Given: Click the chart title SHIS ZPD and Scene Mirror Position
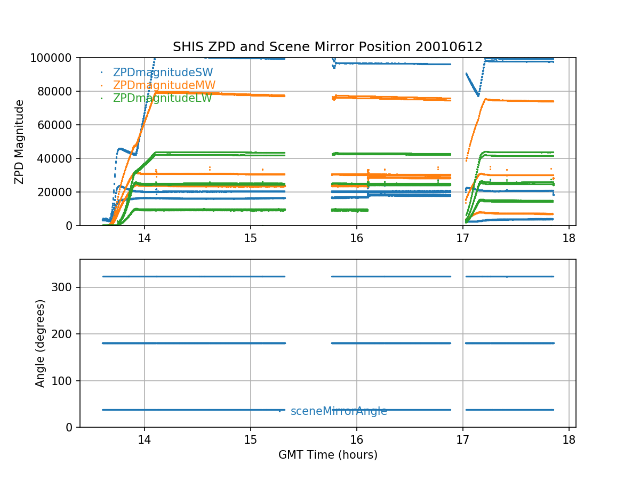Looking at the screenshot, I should point(327,47).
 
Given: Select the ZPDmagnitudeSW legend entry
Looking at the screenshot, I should point(163,73).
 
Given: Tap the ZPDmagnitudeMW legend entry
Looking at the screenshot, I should point(163,85).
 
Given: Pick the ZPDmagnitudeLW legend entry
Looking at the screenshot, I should point(163,98).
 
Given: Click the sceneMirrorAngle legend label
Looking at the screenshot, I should point(339,411).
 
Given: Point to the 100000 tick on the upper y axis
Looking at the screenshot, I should point(55,58).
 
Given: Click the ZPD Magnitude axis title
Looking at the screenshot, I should point(20,142).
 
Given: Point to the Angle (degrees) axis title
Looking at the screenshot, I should point(41,343).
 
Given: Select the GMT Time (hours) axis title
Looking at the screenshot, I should point(327,455).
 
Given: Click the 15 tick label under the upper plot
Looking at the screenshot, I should point(250,238).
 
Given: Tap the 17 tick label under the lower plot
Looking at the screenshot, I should point(462,439).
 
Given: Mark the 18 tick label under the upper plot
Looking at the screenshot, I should point(569,238).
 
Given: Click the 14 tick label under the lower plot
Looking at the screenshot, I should point(144,439).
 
